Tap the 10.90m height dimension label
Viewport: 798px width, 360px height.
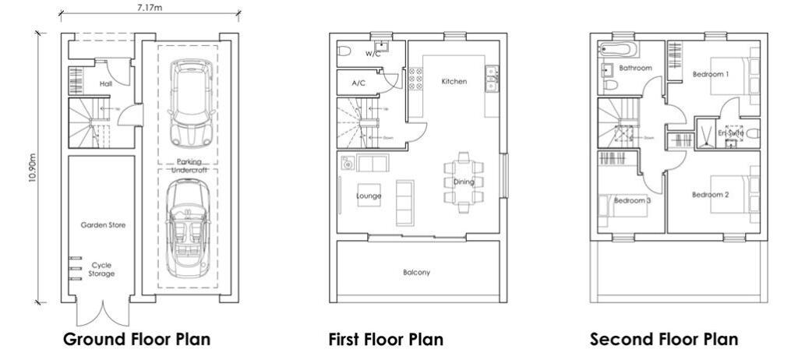tap(33, 167)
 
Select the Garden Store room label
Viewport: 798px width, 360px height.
tap(103, 225)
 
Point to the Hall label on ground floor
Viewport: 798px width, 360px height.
tap(106, 84)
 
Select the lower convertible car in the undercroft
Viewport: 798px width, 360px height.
tap(187, 231)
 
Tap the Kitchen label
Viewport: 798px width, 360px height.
tap(454, 82)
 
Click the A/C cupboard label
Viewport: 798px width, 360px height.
tap(358, 83)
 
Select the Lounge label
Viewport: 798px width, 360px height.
tap(369, 196)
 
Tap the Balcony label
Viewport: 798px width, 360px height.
tap(418, 273)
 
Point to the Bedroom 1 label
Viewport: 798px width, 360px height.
tap(710, 75)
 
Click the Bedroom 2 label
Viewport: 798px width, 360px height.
tap(710, 195)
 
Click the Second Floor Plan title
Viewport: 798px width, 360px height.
tap(663, 340)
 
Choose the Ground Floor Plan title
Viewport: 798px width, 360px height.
tap(136, 340)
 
